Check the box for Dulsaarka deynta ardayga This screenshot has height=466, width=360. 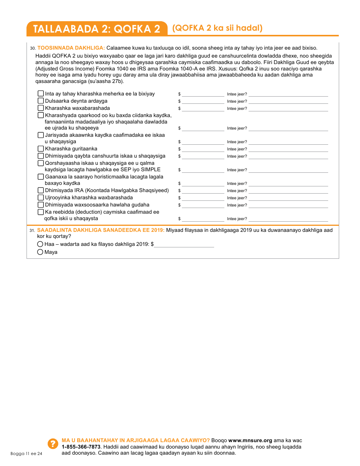click(x=41, y=101)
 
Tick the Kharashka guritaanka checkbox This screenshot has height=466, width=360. click(x=41, y=149)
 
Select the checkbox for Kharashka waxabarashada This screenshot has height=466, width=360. click(x=41, y=108)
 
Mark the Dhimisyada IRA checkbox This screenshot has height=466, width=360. click(x=41, y=190)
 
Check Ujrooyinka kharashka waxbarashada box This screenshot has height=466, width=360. click(x=41, y=197)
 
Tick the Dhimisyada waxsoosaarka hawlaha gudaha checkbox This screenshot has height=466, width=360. click(x=41, y=205)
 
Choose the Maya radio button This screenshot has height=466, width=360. click(x=40, y=252)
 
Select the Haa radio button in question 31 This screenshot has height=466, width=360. click(x=40, y=244)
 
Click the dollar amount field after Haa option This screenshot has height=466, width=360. click(x=184, y=244)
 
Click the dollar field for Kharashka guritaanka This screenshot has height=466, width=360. click(x=203, y=149)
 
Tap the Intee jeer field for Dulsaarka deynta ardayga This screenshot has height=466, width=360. click(x=288, y=101)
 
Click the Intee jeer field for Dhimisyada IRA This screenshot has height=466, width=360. click(x=288, y=190)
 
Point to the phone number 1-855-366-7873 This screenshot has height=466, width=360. click(x=78, y=447)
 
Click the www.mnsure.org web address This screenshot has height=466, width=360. click(x=250, y=440)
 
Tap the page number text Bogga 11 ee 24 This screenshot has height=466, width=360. click(x=26, y=453)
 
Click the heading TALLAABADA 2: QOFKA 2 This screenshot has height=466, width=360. click(x=97, y=29)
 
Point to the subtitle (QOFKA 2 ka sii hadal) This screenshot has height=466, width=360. click(x=217, y=28)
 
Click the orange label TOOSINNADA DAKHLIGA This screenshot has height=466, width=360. click(x=71, y=48)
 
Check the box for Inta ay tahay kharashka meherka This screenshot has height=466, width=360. click(x=41, y=94)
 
